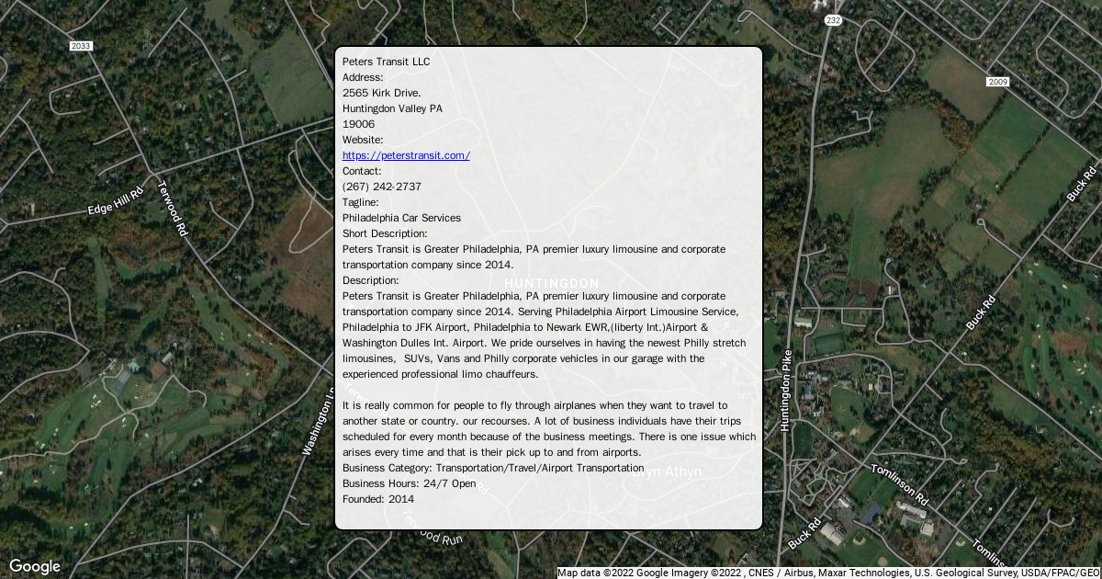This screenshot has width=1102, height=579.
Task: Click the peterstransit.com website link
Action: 406,155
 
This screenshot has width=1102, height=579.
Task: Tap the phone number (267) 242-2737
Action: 382,187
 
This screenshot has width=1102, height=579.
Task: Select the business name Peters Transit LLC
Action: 386,62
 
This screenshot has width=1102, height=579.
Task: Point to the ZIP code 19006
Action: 358,124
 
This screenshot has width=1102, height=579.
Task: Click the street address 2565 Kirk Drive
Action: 382,93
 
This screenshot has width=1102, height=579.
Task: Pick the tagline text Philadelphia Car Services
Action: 401,218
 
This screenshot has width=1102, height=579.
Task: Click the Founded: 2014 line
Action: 378,499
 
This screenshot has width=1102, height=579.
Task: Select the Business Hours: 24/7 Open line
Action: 410,483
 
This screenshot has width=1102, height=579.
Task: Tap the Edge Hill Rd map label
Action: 116,202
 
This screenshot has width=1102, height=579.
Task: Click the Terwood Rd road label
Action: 172,208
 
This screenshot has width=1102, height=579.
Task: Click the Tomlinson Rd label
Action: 900,484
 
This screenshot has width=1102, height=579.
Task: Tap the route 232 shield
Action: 833,19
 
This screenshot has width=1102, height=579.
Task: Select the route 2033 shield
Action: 81,46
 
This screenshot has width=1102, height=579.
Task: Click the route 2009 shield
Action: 998,83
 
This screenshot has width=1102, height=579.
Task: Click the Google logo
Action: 34,566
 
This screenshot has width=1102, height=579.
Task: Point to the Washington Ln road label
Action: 318,421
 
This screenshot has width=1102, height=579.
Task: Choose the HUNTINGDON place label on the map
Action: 552,283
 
